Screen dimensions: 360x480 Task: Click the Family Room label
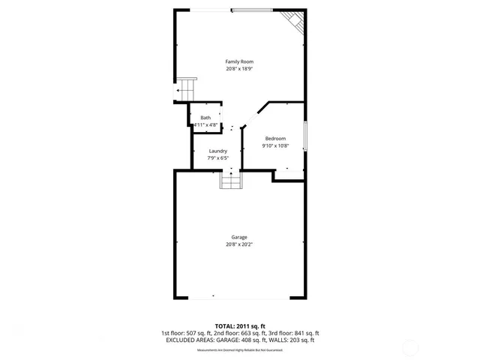pyautogui.click(x=240, y=61)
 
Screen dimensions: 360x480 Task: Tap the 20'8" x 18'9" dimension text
pyautogui.click(x=240, y=68)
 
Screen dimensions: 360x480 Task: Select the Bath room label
pyautogui.click(x=205, y=118)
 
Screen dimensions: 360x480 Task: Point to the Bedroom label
pyautogui.click(x=275, y=139)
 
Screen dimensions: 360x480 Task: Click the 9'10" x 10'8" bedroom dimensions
pyautogui.click(x=275, y=146)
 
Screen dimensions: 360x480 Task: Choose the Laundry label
pyautogui.click(x=217, y=151)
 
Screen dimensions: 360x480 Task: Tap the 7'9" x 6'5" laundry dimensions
pyautogui.click(x=217, y=158)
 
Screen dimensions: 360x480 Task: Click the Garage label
pyautogui.click(x=239, y=237)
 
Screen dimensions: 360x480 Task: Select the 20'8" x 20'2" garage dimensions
pyautogui.click(x=239, y=244)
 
